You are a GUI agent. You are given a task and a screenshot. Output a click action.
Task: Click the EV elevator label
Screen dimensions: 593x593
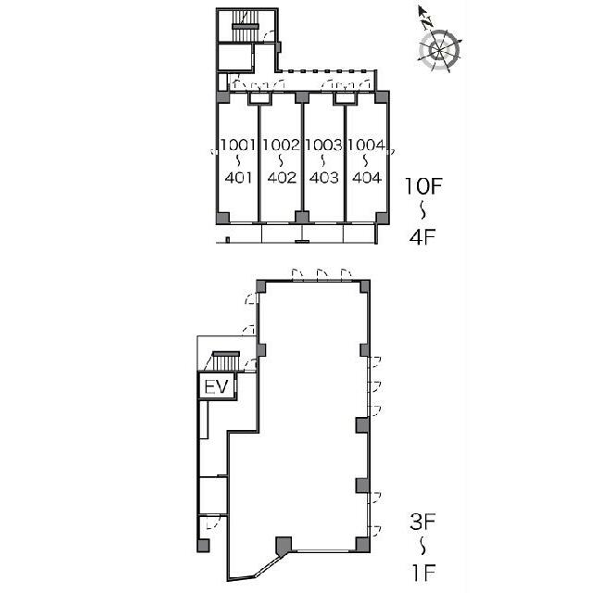click(x=216, y=387)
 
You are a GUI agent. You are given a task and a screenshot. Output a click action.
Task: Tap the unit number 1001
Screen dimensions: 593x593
click(x=238, y=145)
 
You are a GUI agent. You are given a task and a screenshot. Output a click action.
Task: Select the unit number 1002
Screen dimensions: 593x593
click(x=281, y=145)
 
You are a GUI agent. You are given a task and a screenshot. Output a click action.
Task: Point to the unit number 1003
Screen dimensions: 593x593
click(x=323, y=145)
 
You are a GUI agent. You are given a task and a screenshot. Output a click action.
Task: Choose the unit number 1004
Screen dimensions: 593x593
click(x=367, y=145)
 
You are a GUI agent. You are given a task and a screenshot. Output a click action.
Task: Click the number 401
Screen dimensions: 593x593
click(x=238, y=177)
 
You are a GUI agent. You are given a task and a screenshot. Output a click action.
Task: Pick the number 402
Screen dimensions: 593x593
click(x=282, y=177)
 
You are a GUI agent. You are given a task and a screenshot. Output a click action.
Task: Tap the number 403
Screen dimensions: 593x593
click(x=323, y=177)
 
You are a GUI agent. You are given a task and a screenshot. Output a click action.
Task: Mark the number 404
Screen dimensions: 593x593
click(x=367, y=177)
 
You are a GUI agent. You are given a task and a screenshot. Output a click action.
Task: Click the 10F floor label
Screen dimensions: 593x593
click(x=423, y=186)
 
